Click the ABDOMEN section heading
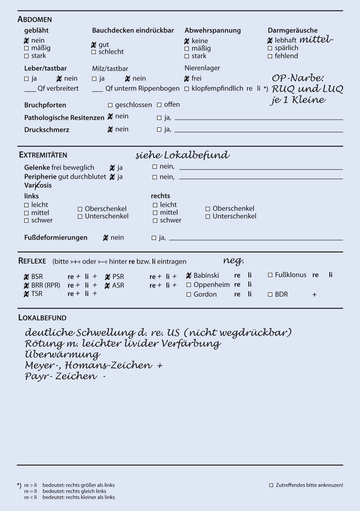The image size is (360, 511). (35, 19)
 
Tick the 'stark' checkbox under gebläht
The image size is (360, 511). (27, 56)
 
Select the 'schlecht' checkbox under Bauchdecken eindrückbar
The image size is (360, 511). (94, 52)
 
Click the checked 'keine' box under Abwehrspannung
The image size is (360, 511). (187, 41)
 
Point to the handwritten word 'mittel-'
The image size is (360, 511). (316, 40)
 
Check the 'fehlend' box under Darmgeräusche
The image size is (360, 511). (270, 56)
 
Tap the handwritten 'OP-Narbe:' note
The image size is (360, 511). (297, 78)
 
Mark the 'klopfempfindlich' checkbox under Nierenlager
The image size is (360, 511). (187, 89)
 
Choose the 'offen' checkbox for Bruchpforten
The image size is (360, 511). (159, 105)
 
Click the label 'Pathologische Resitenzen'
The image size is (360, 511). (64, 117)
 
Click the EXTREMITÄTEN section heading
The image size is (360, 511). (43, 155)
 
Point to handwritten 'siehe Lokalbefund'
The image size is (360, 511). (182, 155)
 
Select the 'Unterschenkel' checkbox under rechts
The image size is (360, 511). (208, 216)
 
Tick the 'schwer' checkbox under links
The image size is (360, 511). (27, 221)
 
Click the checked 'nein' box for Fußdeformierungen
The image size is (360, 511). (106, 238)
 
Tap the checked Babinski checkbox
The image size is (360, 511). (189, 276)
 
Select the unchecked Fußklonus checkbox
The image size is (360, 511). (270, 275)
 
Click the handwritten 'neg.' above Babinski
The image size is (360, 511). (233, 260)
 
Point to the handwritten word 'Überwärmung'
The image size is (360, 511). (63, 354)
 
